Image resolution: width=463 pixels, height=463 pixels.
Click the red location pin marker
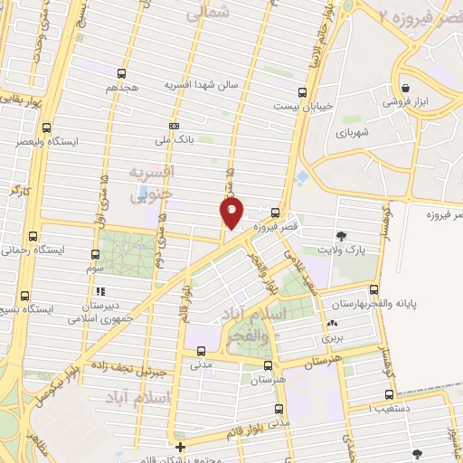[x=231, y=213]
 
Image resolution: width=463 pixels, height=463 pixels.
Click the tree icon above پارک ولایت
[x=341, y=235]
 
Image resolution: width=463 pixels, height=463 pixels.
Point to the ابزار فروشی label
[x=402, y=102]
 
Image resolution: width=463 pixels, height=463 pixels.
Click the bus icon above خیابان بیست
[x=301, y=90]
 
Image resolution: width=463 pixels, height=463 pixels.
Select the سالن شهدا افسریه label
[x=200, y=84]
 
